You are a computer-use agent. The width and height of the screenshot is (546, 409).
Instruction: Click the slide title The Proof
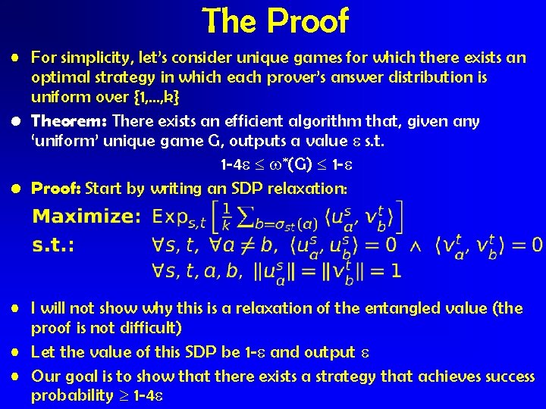tap(275, 20)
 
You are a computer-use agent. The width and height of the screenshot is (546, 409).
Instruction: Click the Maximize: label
tap(86, 217)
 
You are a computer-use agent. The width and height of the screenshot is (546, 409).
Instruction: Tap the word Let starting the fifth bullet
tap(43, 352)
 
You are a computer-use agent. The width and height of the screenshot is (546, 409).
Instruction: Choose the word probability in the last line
tap(69, 396)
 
